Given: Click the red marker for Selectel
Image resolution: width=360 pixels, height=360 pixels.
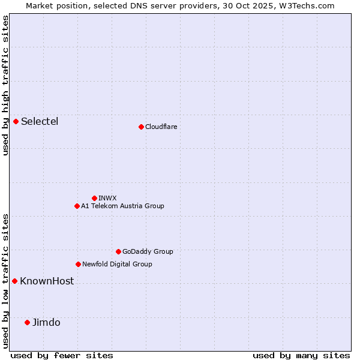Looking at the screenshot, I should pos(16,121).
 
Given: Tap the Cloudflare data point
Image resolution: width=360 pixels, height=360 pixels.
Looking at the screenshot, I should pos(141,127).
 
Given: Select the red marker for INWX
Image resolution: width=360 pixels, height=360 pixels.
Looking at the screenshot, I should pos(94,198).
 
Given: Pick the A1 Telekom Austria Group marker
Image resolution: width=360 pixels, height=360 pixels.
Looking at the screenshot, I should pos(77,206).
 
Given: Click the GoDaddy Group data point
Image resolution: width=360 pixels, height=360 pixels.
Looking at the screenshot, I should pos(118,251).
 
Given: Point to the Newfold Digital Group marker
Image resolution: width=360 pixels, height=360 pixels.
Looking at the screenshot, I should pos(78,264).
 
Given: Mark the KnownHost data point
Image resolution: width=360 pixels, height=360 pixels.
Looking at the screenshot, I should pos(15,281).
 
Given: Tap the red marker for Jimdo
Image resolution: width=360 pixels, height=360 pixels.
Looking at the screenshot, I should pos(27,322).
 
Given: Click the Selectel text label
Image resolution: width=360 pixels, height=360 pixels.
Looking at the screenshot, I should pos(40,121).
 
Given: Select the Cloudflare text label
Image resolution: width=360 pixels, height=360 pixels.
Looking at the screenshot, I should pos(161,127).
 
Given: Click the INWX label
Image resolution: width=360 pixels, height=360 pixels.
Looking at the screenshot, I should pos(107,198).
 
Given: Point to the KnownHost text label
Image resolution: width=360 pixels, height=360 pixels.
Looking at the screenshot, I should pos(47,281).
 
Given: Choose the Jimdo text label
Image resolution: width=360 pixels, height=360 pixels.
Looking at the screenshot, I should pos(46,322).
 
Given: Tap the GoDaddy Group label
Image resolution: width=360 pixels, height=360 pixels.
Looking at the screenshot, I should pos(148,251).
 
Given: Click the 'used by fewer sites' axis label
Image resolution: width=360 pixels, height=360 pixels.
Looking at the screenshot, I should pos(62,355).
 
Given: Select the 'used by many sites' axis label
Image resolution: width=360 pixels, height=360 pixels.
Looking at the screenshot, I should pos(301,355).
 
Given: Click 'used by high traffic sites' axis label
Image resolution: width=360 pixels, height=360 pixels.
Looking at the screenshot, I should pos(5,85).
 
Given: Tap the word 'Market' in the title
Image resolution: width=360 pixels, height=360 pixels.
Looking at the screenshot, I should pos(40,5).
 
